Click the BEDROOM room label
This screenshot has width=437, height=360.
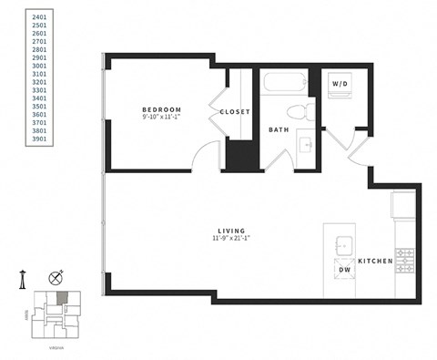(160, 108)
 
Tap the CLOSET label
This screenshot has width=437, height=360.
(235, 112)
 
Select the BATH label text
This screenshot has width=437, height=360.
(279, 130)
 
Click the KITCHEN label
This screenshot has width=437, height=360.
(375, 262)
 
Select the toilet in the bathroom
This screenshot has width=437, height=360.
(294, 113)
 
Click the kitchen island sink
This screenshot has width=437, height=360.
(344, 244)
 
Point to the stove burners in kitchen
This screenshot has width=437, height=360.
(404, 261)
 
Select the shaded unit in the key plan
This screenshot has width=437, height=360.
(61, 298)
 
